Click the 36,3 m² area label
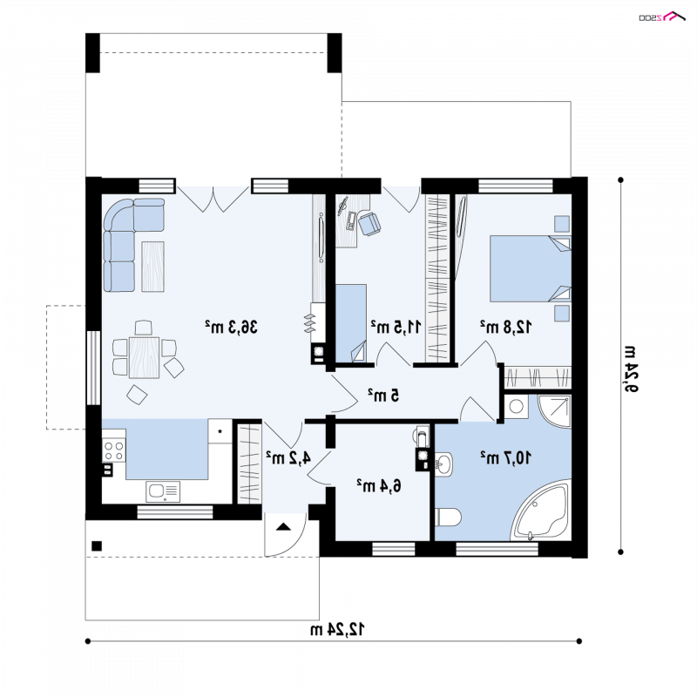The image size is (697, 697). (x=231, y=327)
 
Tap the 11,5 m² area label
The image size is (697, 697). (x=396, y=327)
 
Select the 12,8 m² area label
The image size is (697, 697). (x=505, y=327)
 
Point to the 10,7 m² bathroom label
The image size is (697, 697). (x=505, y=457)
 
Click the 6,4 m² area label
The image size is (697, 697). (x=379, y=485)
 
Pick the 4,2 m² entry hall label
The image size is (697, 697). (x=288, y=457)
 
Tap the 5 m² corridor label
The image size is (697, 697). (x=383, y=395)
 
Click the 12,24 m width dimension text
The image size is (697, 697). (x=337, y=629)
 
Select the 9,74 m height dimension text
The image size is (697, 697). (x=631, y=369)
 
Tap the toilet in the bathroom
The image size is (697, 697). (x=448, y=517)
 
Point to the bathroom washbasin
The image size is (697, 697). (x=443, y=464)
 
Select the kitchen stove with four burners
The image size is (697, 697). (x=114, y=450)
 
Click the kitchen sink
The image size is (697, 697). (x=163, y=491)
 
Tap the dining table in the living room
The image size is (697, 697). (x=144, y=357)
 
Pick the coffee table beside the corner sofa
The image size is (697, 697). (x=153, y=267)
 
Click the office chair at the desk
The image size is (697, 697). (x=369, y=224)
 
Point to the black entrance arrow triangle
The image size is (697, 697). (x=284, y=527)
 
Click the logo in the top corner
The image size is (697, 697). (x=662, y=17)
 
